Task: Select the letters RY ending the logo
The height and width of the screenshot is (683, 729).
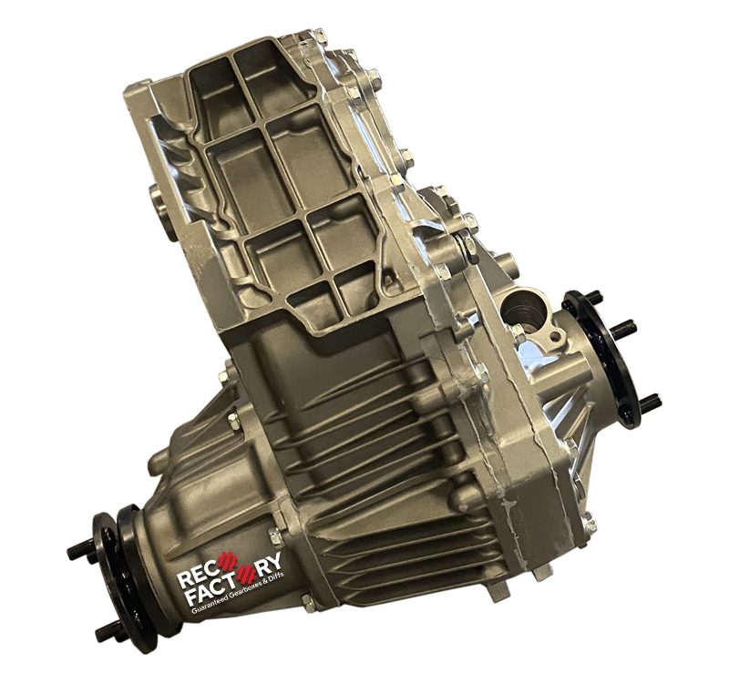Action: click(x=270, y=565)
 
